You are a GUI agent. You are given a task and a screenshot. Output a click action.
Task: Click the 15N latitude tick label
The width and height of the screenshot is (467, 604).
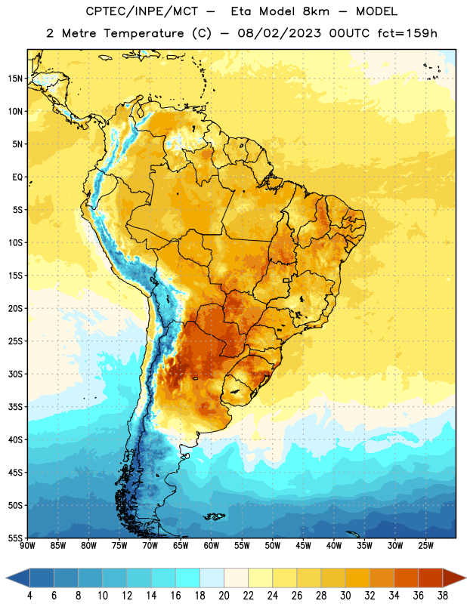tap(15, 79)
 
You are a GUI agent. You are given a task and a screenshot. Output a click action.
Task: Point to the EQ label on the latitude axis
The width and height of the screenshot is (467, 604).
tap(17, 177)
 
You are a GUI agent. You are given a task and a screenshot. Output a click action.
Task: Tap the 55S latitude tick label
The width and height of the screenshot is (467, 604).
tap(15, 538)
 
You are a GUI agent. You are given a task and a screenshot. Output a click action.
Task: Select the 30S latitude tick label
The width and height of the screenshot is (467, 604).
tap(15, 374)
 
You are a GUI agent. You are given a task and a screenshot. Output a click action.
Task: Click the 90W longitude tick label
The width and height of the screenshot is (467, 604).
tap(27, 545)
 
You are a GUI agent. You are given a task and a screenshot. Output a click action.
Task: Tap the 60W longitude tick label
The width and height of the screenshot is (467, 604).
tap(212, 545)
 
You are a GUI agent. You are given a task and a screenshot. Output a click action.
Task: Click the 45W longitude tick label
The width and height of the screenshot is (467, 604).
tap(303, 545)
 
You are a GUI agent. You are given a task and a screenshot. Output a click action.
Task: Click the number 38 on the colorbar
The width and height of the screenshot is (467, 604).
tap(442, 596)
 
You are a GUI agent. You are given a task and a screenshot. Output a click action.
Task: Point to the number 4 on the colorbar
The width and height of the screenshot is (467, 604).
tap(29, 596)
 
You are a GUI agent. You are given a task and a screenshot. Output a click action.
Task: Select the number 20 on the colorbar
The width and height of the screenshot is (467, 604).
tap(224, 596)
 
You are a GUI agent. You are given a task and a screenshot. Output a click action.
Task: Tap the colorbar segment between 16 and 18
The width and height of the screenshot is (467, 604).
tap(187, 578)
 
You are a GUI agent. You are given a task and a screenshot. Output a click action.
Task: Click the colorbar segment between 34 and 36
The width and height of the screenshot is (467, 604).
tap(406, 578)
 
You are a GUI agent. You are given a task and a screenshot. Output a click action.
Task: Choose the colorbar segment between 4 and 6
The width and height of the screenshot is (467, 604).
tap(42, 578)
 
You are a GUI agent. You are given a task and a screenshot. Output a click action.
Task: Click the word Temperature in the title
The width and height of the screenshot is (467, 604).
tap(144, 33)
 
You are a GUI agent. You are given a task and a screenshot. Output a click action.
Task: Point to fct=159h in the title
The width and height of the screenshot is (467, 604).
tap(407, 33)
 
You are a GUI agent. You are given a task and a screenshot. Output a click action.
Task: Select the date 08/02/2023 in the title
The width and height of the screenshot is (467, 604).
tap(279, 33)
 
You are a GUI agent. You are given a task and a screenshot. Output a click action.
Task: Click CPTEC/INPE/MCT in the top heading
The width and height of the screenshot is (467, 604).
tap(141, 11)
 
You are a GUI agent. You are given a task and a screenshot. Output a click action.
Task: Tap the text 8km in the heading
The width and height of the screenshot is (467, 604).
tap(316, 11)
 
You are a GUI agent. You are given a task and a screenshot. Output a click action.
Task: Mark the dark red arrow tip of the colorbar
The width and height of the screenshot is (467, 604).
tap(465, 578)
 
